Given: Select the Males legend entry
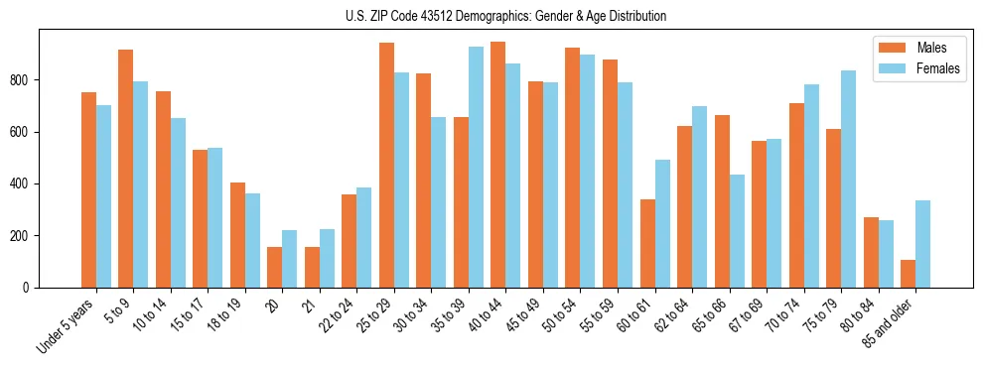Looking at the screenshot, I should coord(930,48).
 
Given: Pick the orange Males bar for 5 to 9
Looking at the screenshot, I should coord(126,169).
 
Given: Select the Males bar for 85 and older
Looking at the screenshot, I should coord(908,274).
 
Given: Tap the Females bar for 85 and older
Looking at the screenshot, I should coord(922,244).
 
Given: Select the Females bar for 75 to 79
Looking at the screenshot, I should coord(848,179).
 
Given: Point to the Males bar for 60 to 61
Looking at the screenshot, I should coord(647,243).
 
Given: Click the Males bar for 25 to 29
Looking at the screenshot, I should coord(386,165).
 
